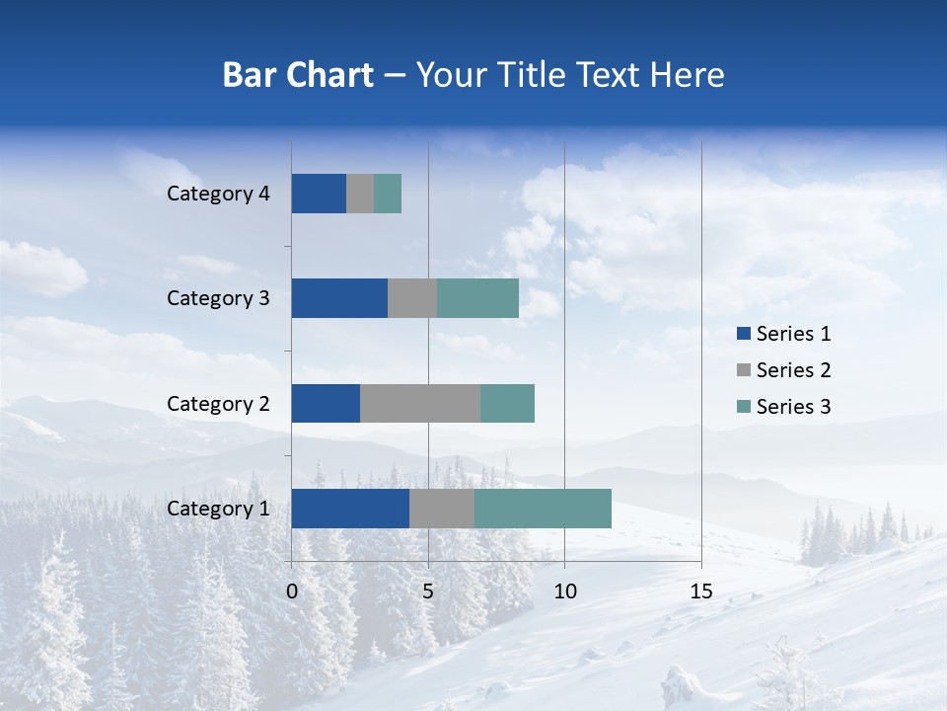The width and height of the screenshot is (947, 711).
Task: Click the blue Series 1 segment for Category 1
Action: click(350, 509)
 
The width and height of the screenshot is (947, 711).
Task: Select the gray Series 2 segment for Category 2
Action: click(420, 403)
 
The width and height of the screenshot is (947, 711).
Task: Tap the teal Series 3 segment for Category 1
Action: click(543, 509)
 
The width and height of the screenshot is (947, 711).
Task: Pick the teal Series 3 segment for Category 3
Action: click(477, 298)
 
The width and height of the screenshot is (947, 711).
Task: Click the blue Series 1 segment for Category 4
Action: click(319, 194)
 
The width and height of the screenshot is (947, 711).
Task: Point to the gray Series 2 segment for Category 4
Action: click(360, 194)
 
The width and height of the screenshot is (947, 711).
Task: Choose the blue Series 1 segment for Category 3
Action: click(339, 298)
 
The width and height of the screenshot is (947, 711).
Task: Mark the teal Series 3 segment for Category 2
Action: click(507, 403)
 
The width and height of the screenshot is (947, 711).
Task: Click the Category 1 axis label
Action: click(218, 509)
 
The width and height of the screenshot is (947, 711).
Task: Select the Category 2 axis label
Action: click(218, 403)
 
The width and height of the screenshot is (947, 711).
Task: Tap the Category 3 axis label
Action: click(218, 298)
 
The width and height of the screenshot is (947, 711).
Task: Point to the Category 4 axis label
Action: click(218, 194)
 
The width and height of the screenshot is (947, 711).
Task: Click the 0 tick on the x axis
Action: click(292, 592)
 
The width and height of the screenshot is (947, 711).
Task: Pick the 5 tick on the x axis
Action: click(428, 592)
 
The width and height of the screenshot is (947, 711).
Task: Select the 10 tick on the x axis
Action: click(564, 592)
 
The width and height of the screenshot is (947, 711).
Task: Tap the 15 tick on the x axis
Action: click(700, 592)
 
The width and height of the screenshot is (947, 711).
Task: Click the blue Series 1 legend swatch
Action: click(743, 334)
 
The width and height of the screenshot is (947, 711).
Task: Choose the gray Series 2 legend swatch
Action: click(743, 370)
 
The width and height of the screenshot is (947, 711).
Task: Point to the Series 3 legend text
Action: click(793, 407)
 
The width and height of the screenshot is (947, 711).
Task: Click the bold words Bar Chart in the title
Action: click(298, 75)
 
